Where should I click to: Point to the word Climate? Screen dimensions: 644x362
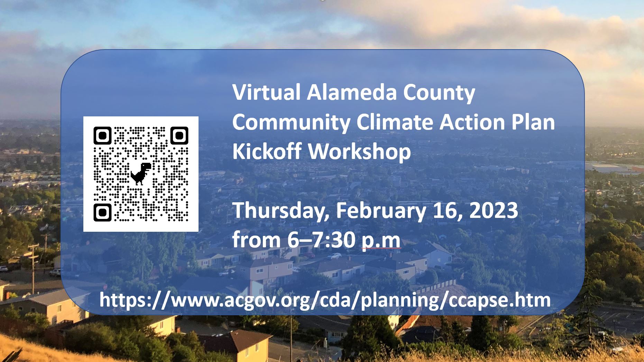tap(395, 122)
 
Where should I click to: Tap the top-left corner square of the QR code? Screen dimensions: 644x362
tap(102, 135)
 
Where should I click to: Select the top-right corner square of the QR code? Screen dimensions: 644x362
tap(179, 135)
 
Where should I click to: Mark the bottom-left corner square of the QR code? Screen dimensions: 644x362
tap(102, 212)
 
